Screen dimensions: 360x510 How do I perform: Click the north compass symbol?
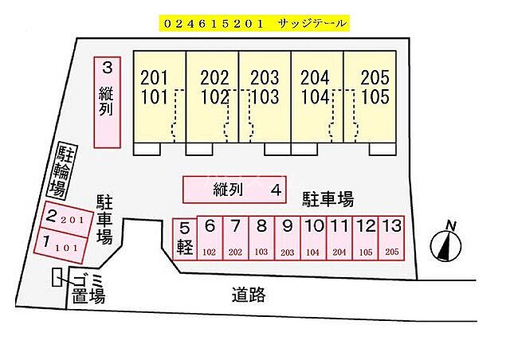[447, 242]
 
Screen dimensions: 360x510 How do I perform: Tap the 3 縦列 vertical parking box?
[107, 101]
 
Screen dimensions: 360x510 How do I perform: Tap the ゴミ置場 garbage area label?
[87, 288]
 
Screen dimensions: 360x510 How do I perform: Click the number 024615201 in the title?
[213, 24]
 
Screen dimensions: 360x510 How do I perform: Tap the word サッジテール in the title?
[311, 24]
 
